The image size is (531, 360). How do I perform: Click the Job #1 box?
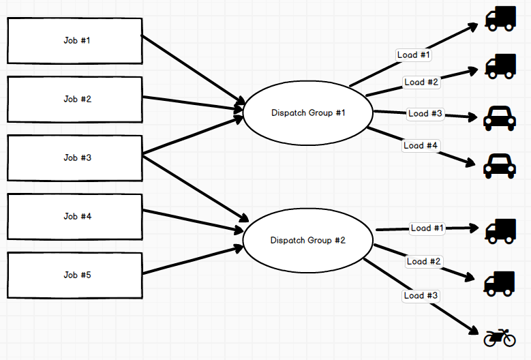click(x=74, y=41)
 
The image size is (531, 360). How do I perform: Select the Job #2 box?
click(x=74, y=100)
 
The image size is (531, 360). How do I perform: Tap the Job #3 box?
click(x=74, y=158)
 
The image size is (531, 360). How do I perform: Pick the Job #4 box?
click(x=74, y=217)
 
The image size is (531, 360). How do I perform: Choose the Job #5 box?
click(x=74, y=275)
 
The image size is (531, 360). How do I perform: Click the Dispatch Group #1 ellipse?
click(x=308, y=113)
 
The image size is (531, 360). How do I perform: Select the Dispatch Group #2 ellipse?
click(x=308, y=241)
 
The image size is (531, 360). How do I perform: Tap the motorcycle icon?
click(x=500, y=337)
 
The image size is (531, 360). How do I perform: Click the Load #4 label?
click(x=421, y=145)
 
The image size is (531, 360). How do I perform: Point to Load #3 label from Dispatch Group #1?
click(x=425, y=114)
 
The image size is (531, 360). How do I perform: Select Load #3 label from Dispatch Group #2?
click(x=421, y=296)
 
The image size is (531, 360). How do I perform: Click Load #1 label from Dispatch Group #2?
click(x=427, y=228)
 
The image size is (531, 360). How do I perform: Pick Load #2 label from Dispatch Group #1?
click(x=421, y=82)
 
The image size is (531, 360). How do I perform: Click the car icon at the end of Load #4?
click(x=500, y=165)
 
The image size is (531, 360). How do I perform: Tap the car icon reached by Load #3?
click(x=500, y=118)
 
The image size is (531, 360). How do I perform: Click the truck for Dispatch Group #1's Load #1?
click(x=500, y=18)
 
